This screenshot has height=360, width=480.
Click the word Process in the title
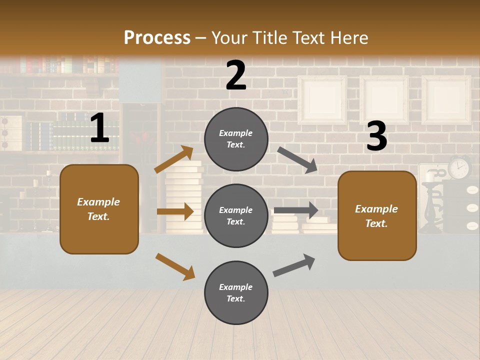coord(157,38)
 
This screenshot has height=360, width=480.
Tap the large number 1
coord(99,129)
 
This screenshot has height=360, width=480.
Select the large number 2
coord(236,76)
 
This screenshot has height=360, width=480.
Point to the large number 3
coord(376,137)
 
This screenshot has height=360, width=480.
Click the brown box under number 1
coord(99,209)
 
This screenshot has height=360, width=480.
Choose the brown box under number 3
coord(377,216)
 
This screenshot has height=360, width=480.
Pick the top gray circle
coord(236,139)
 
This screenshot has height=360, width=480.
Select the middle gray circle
coord(236,216)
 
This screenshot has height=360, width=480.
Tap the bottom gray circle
coord(236,293)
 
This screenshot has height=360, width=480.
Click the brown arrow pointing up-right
coord(174,159)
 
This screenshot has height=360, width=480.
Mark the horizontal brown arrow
coord(175,211)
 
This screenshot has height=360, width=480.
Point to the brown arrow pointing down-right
coord(175,266)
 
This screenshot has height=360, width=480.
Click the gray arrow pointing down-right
coord(298,158)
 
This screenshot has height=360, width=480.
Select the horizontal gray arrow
coord(296,210)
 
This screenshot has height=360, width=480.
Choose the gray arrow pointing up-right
coord(294,265)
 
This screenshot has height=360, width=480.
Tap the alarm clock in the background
coord(459,167)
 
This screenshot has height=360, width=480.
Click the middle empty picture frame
coord(384,100)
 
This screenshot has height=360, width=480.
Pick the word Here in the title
coord(349,38)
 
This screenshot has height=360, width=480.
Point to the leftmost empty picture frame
coord(322,100)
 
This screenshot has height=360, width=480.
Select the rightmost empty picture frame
coord(446,100)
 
